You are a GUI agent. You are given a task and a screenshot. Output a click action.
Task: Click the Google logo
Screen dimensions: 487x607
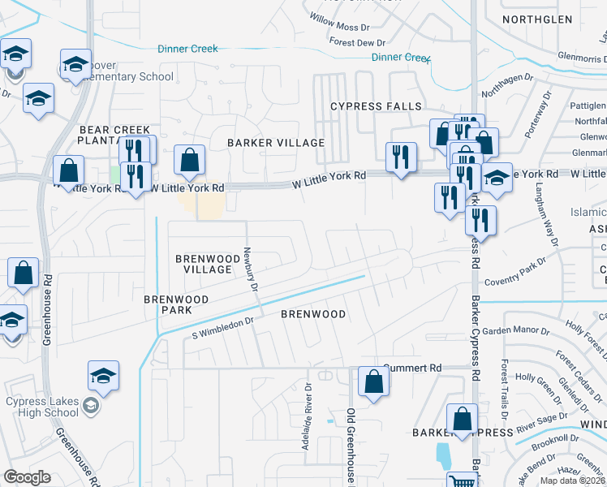28,476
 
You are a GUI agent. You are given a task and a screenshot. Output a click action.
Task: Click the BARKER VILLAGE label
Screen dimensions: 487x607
276,143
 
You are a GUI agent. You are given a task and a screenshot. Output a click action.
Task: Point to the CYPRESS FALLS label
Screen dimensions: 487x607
376,106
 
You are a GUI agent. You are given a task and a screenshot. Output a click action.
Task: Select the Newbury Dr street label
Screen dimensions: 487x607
252,269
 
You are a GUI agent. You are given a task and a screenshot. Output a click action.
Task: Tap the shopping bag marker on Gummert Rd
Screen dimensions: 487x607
372,384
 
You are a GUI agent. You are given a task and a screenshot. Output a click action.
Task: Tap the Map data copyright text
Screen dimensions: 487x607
572,481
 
